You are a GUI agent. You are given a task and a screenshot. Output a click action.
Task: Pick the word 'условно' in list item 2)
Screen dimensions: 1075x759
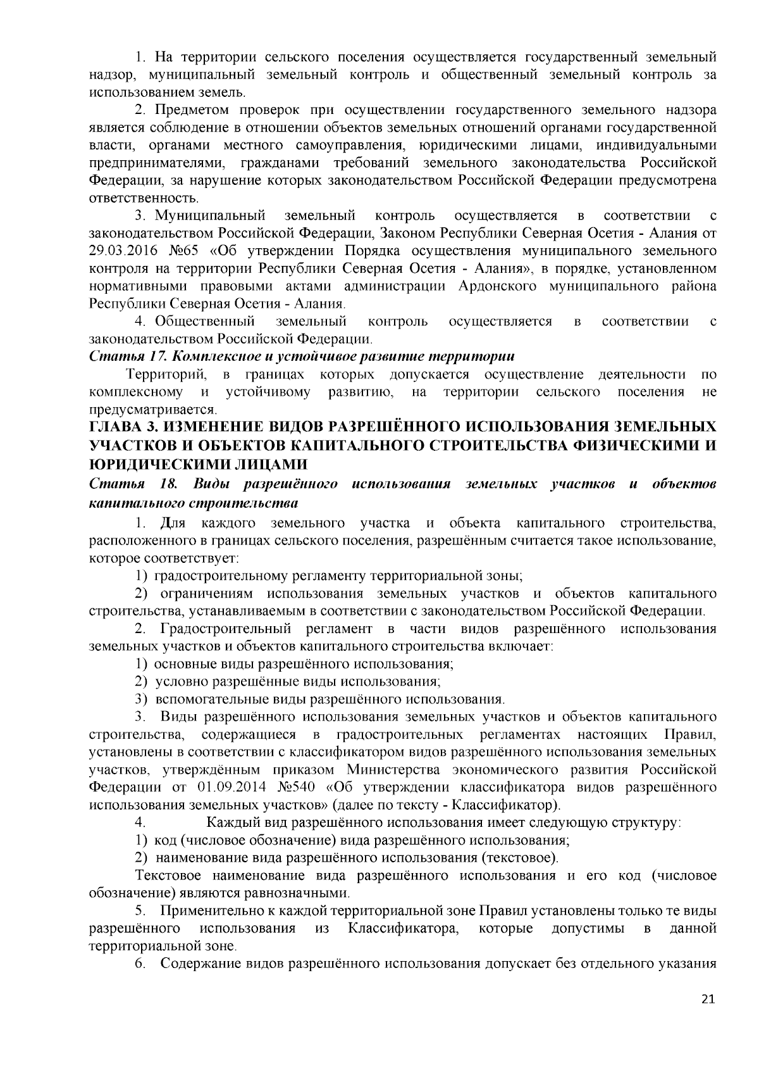click(x=183, y=682)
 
